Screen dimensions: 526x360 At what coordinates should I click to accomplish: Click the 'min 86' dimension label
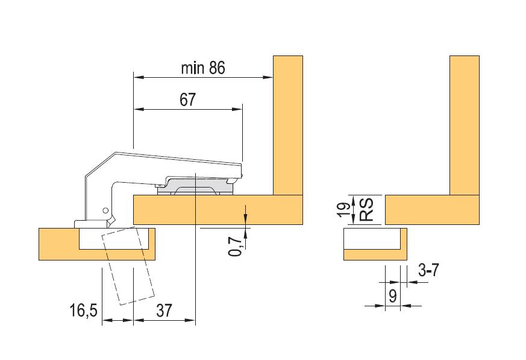(x=203, y=68)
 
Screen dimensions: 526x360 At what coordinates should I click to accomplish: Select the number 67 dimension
(x=187, y=99)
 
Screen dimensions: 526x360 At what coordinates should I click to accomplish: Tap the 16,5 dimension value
(x=84, y=311)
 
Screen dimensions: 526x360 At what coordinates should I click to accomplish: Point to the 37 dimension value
(x=164, y=311)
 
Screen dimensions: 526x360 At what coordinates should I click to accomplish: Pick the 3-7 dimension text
(x=428, y=270)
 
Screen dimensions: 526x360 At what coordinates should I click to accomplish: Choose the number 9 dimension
(x=392, y=296)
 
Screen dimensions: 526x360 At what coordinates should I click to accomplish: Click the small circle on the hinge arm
(x=105, y=210)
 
